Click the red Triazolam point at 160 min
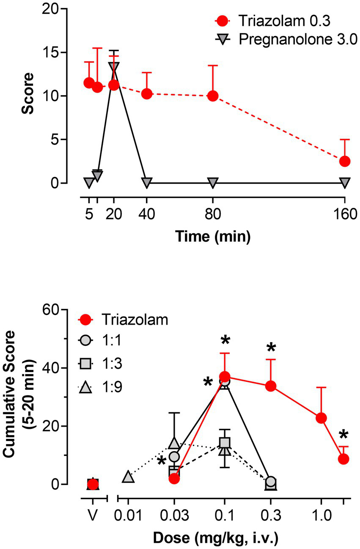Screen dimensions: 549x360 coord(345,161)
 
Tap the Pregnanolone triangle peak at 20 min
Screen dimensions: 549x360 coord(114,67)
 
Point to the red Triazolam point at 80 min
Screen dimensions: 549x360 coord(213,96)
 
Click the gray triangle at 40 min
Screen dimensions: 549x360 coord(146,183)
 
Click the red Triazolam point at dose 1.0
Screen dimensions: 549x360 coord(321,418)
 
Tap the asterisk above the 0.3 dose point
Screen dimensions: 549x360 coord(271,349)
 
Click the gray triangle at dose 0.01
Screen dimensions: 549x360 coord(129,477)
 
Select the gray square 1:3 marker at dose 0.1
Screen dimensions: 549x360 coord(225,443)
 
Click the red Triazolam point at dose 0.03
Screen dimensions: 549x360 coord(174,478)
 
